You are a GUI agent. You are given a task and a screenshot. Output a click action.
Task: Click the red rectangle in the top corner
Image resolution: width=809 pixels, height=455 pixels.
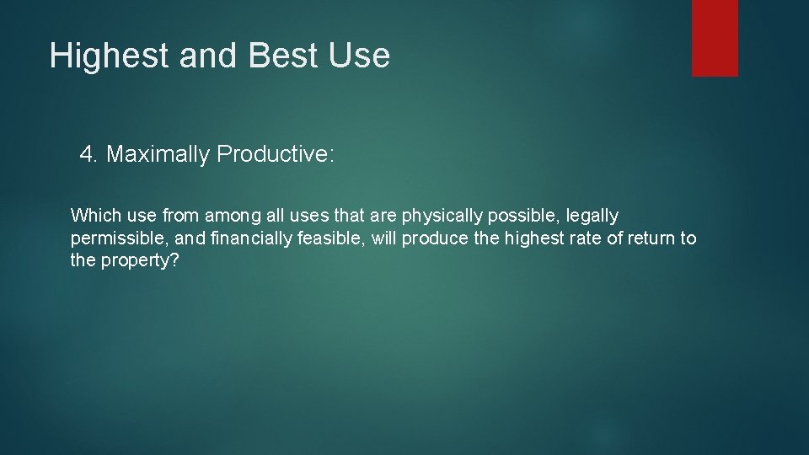(x=715, y=38)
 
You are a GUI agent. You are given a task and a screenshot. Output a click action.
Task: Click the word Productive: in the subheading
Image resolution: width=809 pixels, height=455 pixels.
(x=276, y=155)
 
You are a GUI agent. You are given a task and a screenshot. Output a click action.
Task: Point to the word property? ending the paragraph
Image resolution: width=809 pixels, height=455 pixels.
(x=139, y=260)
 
